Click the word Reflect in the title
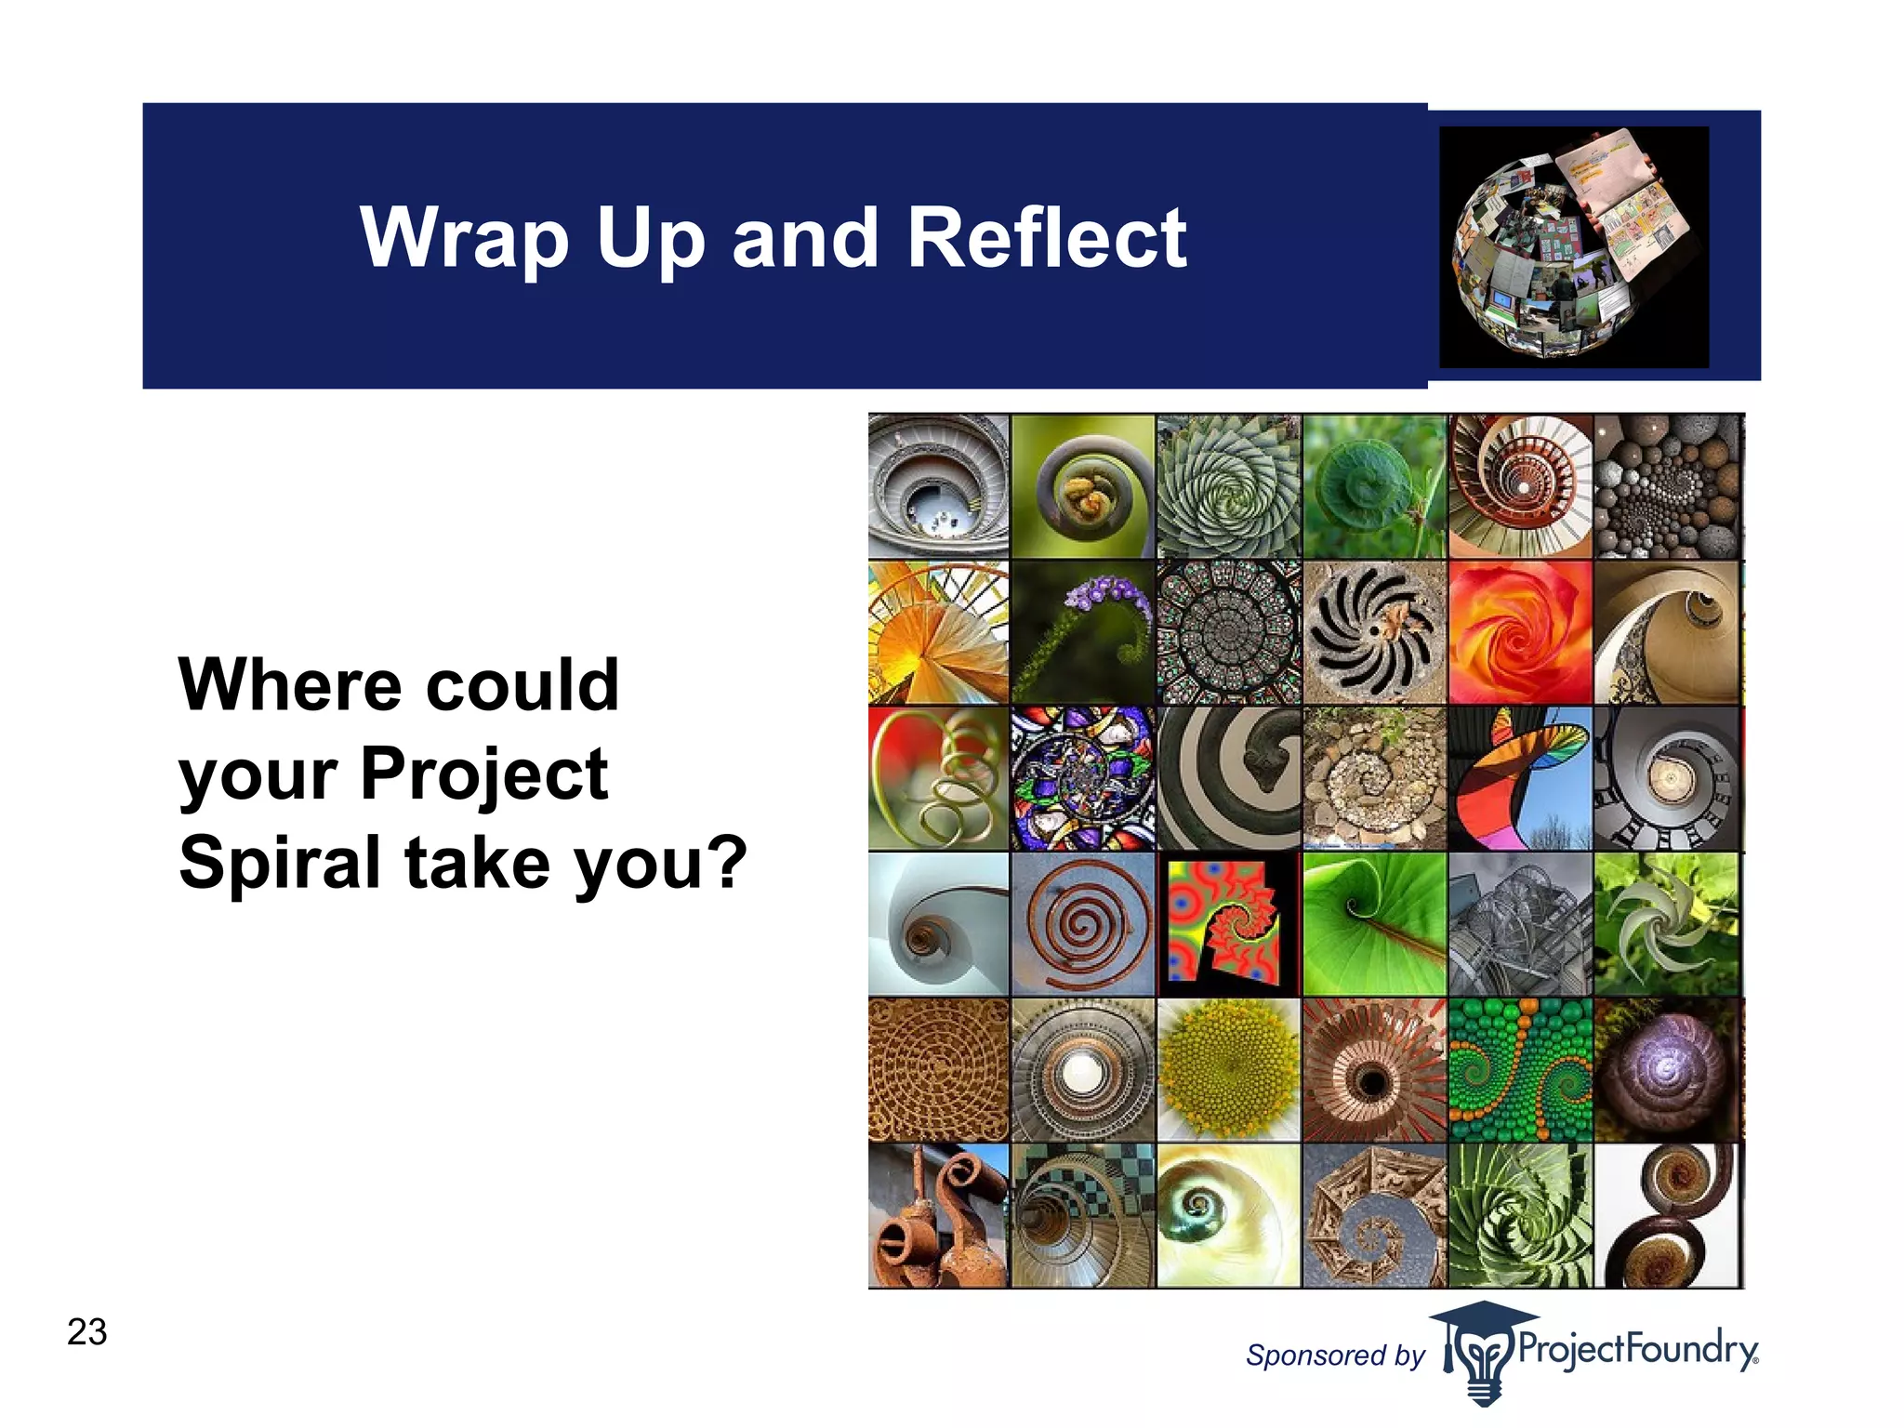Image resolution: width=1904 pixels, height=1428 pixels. click(x=1046, y=238)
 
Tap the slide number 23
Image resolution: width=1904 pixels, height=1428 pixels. click(x=87, y=1331)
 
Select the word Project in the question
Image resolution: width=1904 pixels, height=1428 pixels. click(x=483, y=773)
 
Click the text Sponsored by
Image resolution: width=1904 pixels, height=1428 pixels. click(x=1334, y=1355)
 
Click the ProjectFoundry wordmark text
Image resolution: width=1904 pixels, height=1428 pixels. click(x=1636, y=1348)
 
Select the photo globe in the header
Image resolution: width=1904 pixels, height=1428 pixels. click(x=1573, y=246)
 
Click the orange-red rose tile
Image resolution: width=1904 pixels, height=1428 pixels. click(x=1520, y=632)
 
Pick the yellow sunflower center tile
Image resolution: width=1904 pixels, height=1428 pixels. click(x=1228, y=1070)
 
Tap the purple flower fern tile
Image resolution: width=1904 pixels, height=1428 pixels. click(x=1083, y=632)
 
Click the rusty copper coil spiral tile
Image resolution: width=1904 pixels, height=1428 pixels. click(x=1083, y=924)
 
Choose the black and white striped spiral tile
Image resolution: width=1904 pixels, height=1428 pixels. click(x=1228, y=778)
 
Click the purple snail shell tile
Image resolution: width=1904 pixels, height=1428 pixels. click(x=1667, y=1070)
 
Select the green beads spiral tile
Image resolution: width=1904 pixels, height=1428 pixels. click(x=1520, y=1070)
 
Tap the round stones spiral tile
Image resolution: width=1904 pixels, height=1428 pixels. click(x=1667, y=486)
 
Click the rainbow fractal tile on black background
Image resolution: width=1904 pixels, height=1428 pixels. click(x=1228, y=924)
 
